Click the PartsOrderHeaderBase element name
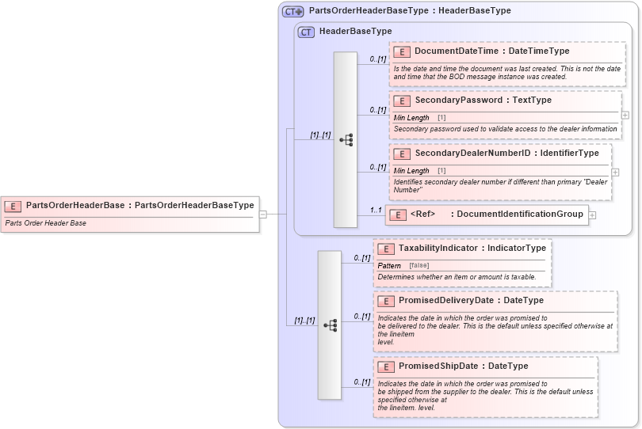point(75,205)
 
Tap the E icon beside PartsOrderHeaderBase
point(13,206)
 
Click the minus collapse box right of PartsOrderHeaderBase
point(263,213)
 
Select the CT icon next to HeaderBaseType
point(306,32)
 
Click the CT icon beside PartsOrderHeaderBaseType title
point(293,11)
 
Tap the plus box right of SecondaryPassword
point(625,115)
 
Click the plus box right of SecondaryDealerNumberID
point(616,172)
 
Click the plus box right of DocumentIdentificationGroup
point(592,214)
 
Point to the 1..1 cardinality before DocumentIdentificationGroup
point(376,210)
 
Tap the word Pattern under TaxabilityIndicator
point(389,265)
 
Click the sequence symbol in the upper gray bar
point(346,140)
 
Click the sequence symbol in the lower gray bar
point(330,325)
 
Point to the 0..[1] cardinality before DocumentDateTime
point(377,59)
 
